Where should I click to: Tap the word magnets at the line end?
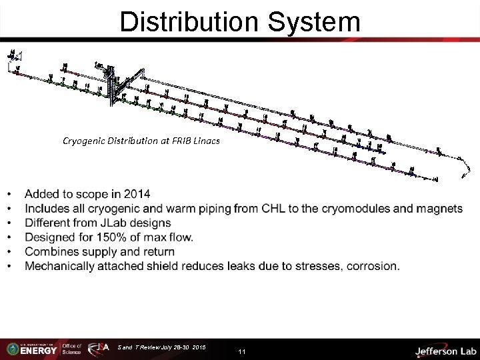(x=439, y=209)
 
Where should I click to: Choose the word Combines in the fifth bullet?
(x=51, y=251)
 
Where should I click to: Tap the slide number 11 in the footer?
(x=242, y=351)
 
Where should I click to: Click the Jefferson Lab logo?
(x=445, y=350)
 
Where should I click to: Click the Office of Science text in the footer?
(x=71, y=349)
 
